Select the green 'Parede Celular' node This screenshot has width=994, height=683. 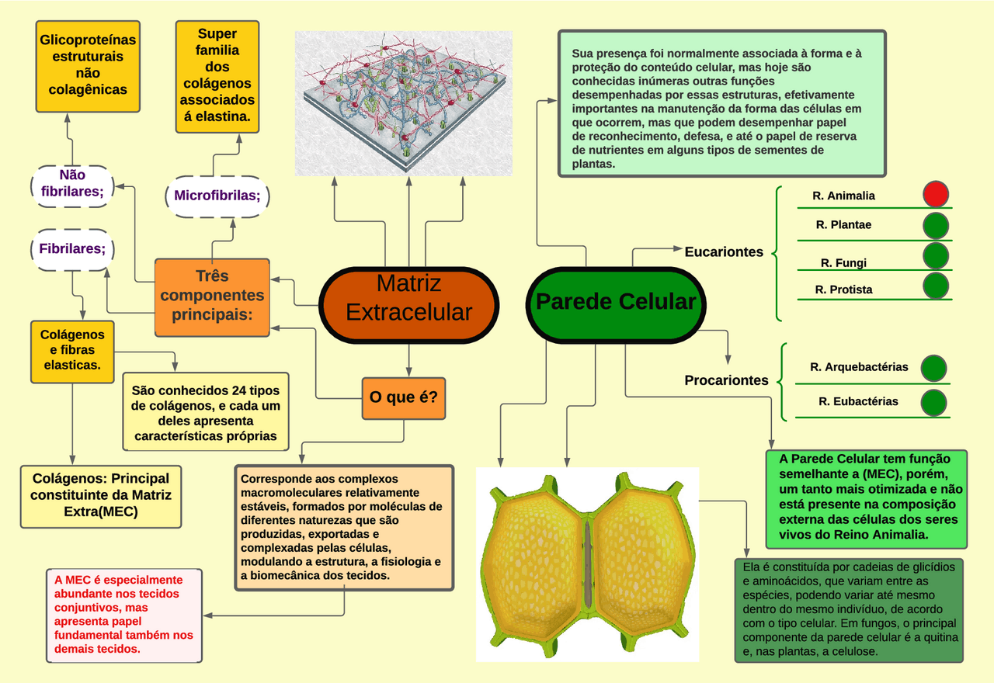coord(616,303)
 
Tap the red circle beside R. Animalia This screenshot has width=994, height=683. coord(936,194)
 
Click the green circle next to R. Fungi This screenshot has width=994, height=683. coord(936,255)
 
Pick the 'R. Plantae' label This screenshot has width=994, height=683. coord(843,225)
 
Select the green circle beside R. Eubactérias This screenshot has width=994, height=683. coord(933,402)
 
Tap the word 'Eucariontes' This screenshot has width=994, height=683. coord(724,251)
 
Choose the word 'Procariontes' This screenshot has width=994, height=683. coord(726,380)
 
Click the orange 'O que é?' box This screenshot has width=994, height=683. coord(403,397)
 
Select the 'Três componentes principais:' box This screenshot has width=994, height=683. coord(212,296)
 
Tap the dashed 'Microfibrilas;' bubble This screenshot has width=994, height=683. coord(217,196)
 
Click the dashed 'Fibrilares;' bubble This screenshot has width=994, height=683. coord(72,249)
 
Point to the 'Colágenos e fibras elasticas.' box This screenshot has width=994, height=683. coord(72,351)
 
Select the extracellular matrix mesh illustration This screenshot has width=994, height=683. coord(403,102)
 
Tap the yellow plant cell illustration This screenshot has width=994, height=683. coord(589,564)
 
